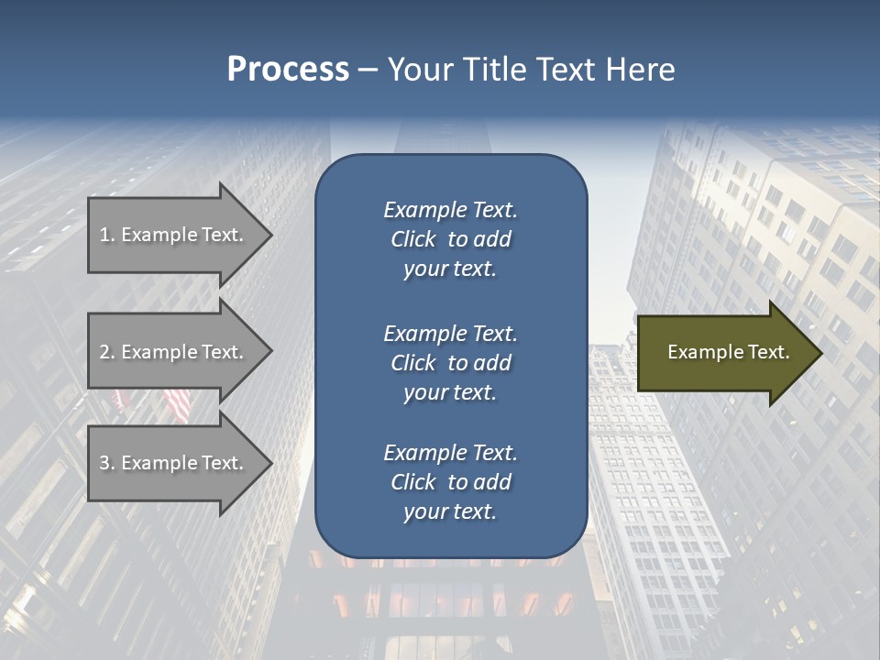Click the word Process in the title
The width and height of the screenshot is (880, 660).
point(288,70)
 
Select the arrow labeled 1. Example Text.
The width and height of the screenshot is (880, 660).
point(174,235)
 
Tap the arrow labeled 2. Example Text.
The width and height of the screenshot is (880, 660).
point(174,352)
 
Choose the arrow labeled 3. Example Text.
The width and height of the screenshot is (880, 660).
point(174,463)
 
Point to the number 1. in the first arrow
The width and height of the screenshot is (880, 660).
point(107,235)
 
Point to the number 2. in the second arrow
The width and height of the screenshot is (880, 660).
point(107,352)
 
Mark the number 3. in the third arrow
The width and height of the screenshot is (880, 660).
point(107,463)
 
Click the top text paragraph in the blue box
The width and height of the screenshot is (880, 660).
point(450,239)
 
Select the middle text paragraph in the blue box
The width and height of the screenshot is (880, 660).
point(450,363)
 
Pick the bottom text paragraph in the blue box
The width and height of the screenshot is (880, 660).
point(450,482)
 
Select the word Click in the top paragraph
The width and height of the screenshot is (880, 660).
point(412,239)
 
